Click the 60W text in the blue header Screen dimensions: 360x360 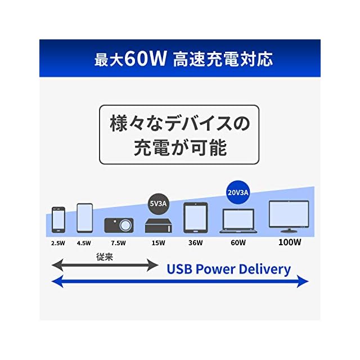click(146, 58)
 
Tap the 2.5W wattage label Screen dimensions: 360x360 click(58, 244)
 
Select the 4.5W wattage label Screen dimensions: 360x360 click(84, 244)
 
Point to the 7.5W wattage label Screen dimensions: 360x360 click(119, 244)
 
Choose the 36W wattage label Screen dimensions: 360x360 click(195, 244)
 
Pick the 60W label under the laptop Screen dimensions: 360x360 click(238, 244)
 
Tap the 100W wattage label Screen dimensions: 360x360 click(289, 244)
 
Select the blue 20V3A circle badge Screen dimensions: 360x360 click(238, 192)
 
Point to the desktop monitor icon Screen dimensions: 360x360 click(289, 216)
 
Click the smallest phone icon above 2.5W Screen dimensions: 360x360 click(58, 219)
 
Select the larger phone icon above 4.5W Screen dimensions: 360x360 click(84, 218)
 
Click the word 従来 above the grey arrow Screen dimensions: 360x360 click(105, 255)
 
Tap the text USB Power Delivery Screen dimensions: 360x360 click(228, 269)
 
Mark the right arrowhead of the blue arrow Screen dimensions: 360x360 click(304, 281)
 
